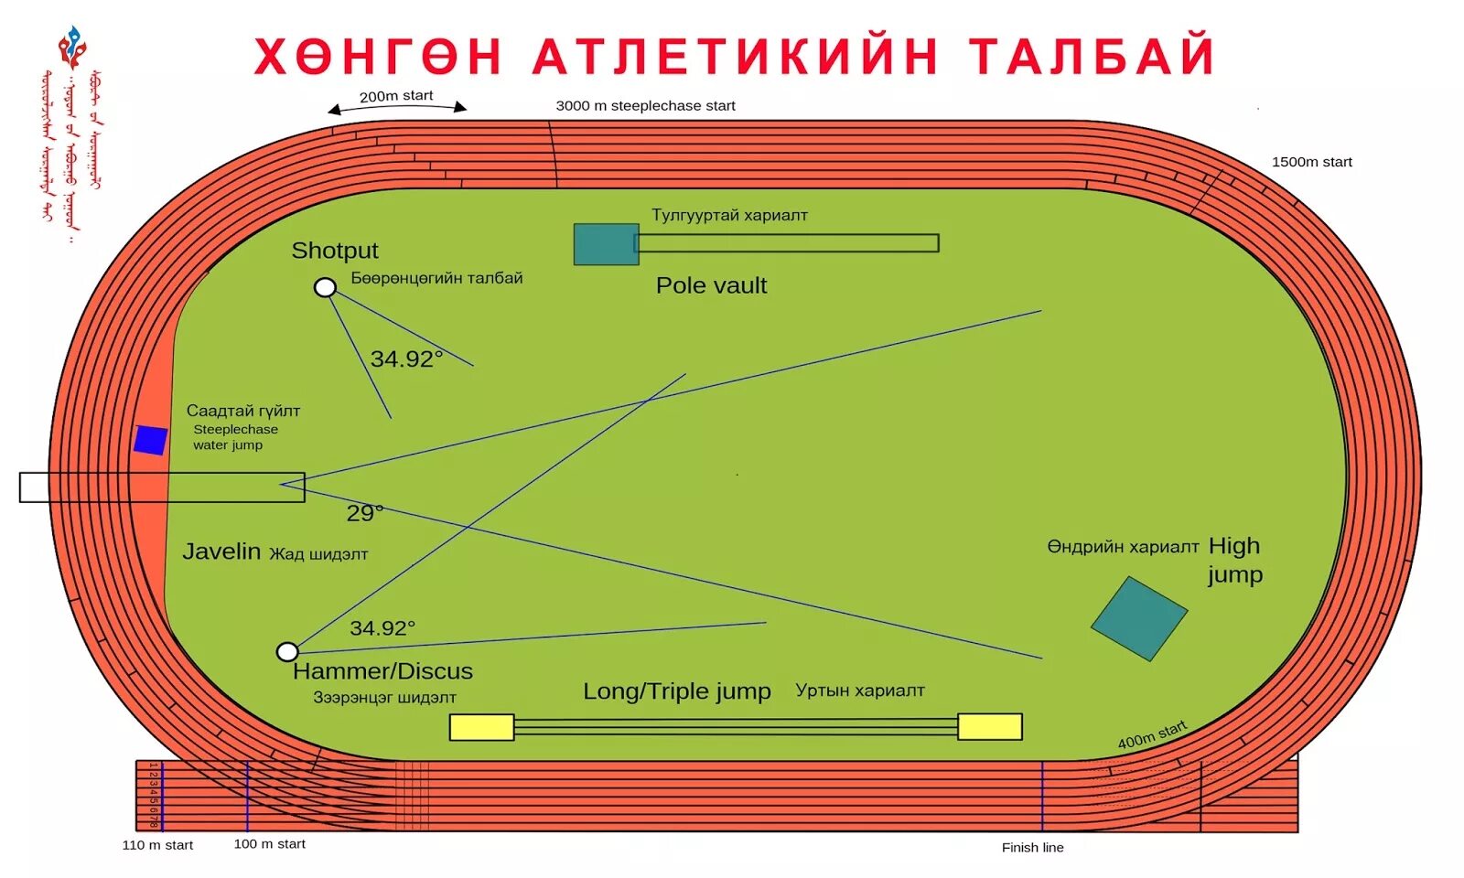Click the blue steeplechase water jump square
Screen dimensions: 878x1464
point(150,440)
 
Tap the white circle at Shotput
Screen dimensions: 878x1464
point(325,287)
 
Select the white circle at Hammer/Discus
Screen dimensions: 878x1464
point(287,651)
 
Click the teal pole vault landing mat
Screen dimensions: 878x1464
point(606,244)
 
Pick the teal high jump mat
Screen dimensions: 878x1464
point(1139,618)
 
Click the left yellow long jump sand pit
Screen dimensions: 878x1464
point(481,727)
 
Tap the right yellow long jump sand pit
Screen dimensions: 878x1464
point(990,726)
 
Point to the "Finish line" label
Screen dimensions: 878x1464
point(1032,848)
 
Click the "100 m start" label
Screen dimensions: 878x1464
point(269,844)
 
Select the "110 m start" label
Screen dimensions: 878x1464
point(157,845)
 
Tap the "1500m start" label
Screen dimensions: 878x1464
point(1311,162)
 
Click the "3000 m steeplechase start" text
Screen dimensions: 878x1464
point(645,106)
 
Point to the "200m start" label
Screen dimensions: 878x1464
point(396,96)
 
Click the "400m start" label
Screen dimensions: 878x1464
point(1152,734)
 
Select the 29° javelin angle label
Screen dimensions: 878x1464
point(364,513)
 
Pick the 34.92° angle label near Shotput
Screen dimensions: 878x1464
point(406,359)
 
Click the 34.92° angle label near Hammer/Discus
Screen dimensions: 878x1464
point(382,628)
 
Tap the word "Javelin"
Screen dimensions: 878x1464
point(221,551)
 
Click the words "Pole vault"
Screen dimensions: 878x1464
point(711,285)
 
